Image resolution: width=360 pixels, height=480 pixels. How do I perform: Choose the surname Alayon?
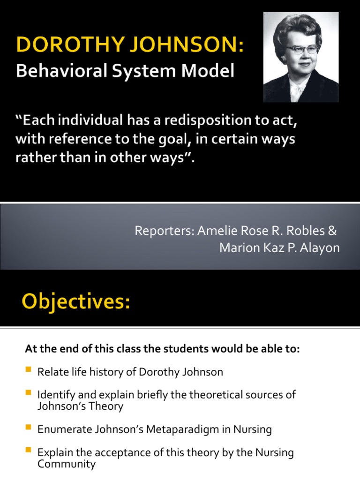coord(320,248)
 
